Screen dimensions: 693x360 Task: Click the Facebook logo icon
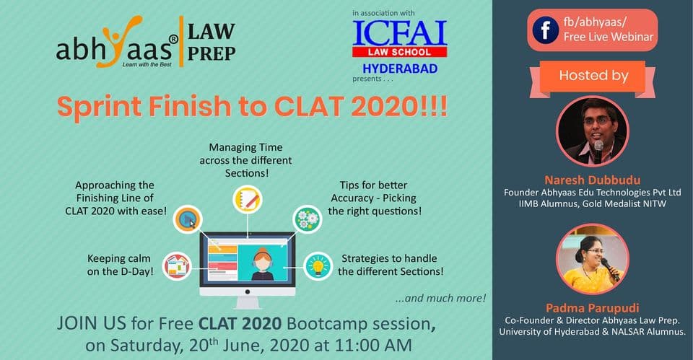tap(546, 30)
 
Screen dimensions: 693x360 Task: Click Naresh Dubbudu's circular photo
tap(592, 131)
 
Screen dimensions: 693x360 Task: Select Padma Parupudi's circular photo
tap(592, 259)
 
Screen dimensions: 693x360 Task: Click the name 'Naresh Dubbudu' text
tap(592, 180)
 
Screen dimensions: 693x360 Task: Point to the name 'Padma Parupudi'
tap(592, 308)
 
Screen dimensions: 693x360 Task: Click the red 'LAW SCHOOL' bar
tap(399, 52)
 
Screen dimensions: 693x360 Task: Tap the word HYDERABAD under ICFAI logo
tap(400, 69)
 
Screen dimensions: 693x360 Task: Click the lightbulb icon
tap(318, 266)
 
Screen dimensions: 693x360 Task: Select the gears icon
tap(308, 219)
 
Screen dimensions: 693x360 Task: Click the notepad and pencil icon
tap(248, 200)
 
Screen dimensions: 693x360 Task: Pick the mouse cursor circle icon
tap(188, 219)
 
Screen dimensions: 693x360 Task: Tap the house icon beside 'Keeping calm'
tap(177, 266)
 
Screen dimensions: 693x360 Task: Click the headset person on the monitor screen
tap(262, 264)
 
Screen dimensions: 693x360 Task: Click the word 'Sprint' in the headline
tap(100, 107)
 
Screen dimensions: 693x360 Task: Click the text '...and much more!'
tap(440, 299)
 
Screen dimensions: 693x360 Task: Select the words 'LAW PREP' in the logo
tap(212, 42)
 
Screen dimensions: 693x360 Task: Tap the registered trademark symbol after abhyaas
tap(174, 39)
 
